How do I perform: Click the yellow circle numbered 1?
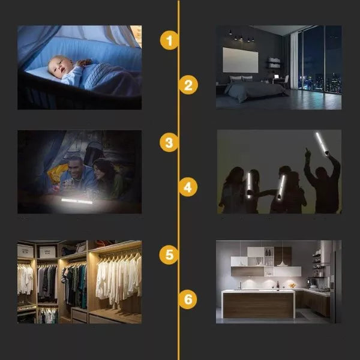tap(169, 40)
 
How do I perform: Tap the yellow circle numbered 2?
tap(188, 85)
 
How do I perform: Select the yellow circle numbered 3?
tap(169, 142)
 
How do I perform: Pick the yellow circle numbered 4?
tap(188, 187)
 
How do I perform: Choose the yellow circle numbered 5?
tap(169, 254)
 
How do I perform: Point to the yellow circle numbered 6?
tap(188, 299)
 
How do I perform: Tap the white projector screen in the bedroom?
tap(241, 59)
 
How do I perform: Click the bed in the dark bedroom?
tap(255, 88)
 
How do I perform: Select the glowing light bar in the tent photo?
tap(77, 201)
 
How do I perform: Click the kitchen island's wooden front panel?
tap(258, 305)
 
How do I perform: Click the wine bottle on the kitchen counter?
tap(278, 286)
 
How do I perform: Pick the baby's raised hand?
tap(84, 62)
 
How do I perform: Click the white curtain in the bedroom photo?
tap(294, 60)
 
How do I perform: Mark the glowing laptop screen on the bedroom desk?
tap(277, 76)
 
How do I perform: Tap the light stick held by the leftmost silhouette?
tap(249, 185)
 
